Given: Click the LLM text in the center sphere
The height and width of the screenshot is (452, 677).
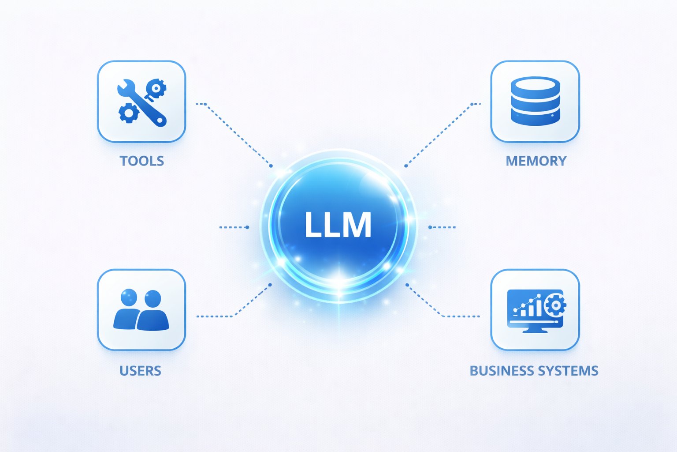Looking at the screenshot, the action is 338,225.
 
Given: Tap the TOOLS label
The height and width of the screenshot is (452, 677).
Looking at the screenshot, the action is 141,161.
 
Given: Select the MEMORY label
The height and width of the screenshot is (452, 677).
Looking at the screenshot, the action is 536,161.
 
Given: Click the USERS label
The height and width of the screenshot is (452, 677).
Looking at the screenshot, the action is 140,371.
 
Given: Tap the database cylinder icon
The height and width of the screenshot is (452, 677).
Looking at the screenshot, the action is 535,101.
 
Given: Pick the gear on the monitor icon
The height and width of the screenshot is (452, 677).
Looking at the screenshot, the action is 555,305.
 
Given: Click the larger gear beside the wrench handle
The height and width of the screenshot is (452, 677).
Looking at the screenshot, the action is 129,113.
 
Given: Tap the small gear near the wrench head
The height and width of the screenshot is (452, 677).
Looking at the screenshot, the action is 156,88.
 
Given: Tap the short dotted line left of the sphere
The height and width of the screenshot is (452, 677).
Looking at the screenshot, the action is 234,227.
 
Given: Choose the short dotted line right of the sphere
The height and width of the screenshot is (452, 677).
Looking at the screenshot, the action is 442,227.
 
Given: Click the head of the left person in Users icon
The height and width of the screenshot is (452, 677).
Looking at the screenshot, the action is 129,297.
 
